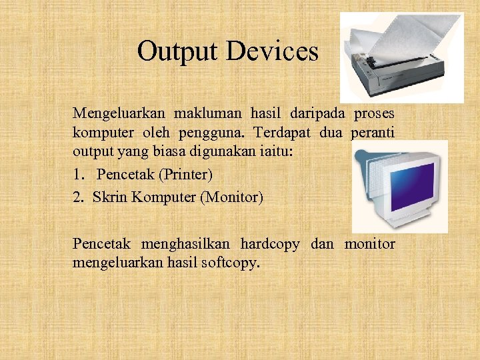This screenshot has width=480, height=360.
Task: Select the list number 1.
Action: pyautogui.click(x=79, y=175)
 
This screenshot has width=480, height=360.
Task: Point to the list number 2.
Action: pyautogui.click(x=79, y=197)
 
